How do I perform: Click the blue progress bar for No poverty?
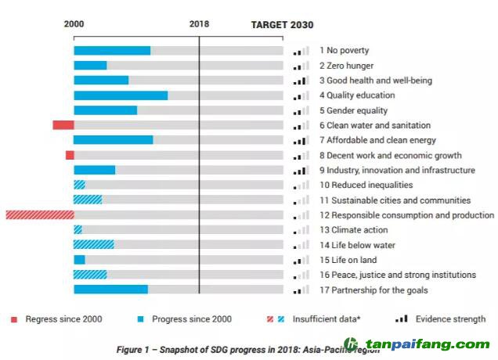(112, 51)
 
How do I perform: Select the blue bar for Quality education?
(121, 95)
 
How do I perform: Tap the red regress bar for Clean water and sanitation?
(63, 125)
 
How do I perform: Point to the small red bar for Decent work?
(70, 155)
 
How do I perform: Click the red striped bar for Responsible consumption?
(40, 215)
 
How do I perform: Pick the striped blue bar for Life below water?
(93, 245)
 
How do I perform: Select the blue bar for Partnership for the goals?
(110, 290)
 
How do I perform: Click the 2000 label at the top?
(74, 24)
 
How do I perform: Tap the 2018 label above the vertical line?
(199, 24)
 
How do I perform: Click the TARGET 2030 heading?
(282, 24)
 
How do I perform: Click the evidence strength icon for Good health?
(301, 81)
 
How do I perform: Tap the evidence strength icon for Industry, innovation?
(301, 171)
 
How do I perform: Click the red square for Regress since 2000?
(14, 319)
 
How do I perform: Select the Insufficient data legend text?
(327, 319)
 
